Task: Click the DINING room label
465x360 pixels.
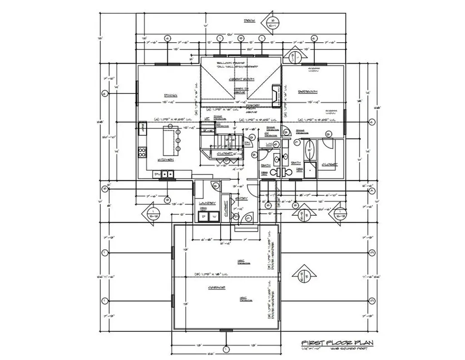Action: pos(170,95)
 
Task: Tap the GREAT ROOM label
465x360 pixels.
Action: pos(241,79)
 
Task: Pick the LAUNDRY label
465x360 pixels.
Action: pos(206,204)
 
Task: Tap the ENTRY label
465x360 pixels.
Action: pos(242,198)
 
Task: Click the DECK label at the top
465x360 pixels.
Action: pos(249,20)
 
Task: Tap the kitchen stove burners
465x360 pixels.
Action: pos(143,153)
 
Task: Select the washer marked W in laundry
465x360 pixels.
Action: pos(214,216)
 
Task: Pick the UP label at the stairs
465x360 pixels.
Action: pos(207,118)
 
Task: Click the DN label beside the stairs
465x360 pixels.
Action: pos(248,144)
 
